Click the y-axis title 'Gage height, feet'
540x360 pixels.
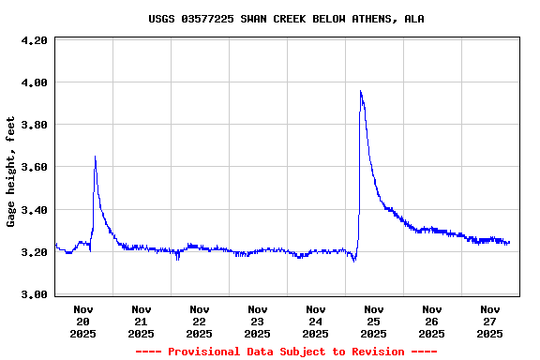(11, 172)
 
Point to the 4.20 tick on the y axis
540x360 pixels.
(34, 41)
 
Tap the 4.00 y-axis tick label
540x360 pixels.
(34, 83)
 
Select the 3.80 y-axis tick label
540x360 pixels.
(34, 126)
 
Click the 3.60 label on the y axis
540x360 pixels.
(34, 168)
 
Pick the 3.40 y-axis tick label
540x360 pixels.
(34, 211)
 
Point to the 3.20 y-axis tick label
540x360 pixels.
(34, 253)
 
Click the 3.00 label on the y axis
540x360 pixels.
(34, 295)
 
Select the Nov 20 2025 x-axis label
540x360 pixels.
(83, 321)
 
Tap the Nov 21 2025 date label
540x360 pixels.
(142, 321)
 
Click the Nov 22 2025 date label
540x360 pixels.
(200, 321)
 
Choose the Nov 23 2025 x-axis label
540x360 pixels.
(258, 321)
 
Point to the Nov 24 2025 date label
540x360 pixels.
(316, 321)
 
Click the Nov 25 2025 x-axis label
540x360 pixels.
(374, 321)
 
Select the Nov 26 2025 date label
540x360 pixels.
(432, 321)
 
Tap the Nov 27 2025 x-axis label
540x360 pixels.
(490, 321)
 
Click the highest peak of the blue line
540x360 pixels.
(361, 91)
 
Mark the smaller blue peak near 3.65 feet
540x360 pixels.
(96, 157)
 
